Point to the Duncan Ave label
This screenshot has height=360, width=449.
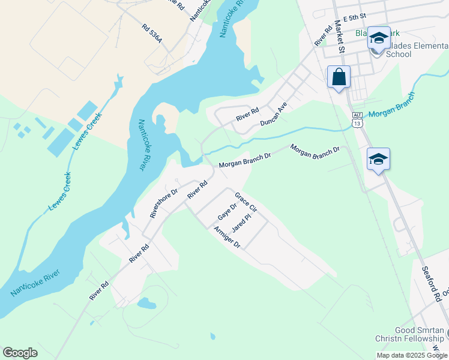click(x=274, y=113)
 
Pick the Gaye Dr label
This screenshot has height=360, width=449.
click(x=226, y=211)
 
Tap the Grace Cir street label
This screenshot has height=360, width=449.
click(x=246, y=203)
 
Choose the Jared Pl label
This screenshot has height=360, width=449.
click(x=241, y=224)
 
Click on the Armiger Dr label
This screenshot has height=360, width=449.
click(x=227, y=237)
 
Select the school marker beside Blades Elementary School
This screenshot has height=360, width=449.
click(x=379, y=39)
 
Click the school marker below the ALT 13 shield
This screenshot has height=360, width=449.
click(x=378, y=160)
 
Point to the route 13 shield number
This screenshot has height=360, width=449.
click(x=357, y=123)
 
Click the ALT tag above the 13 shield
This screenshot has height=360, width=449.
click(x=357, y=115)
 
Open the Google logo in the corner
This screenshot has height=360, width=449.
click(x=20, y=353)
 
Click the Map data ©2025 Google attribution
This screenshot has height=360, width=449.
click(x=412, y=355)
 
